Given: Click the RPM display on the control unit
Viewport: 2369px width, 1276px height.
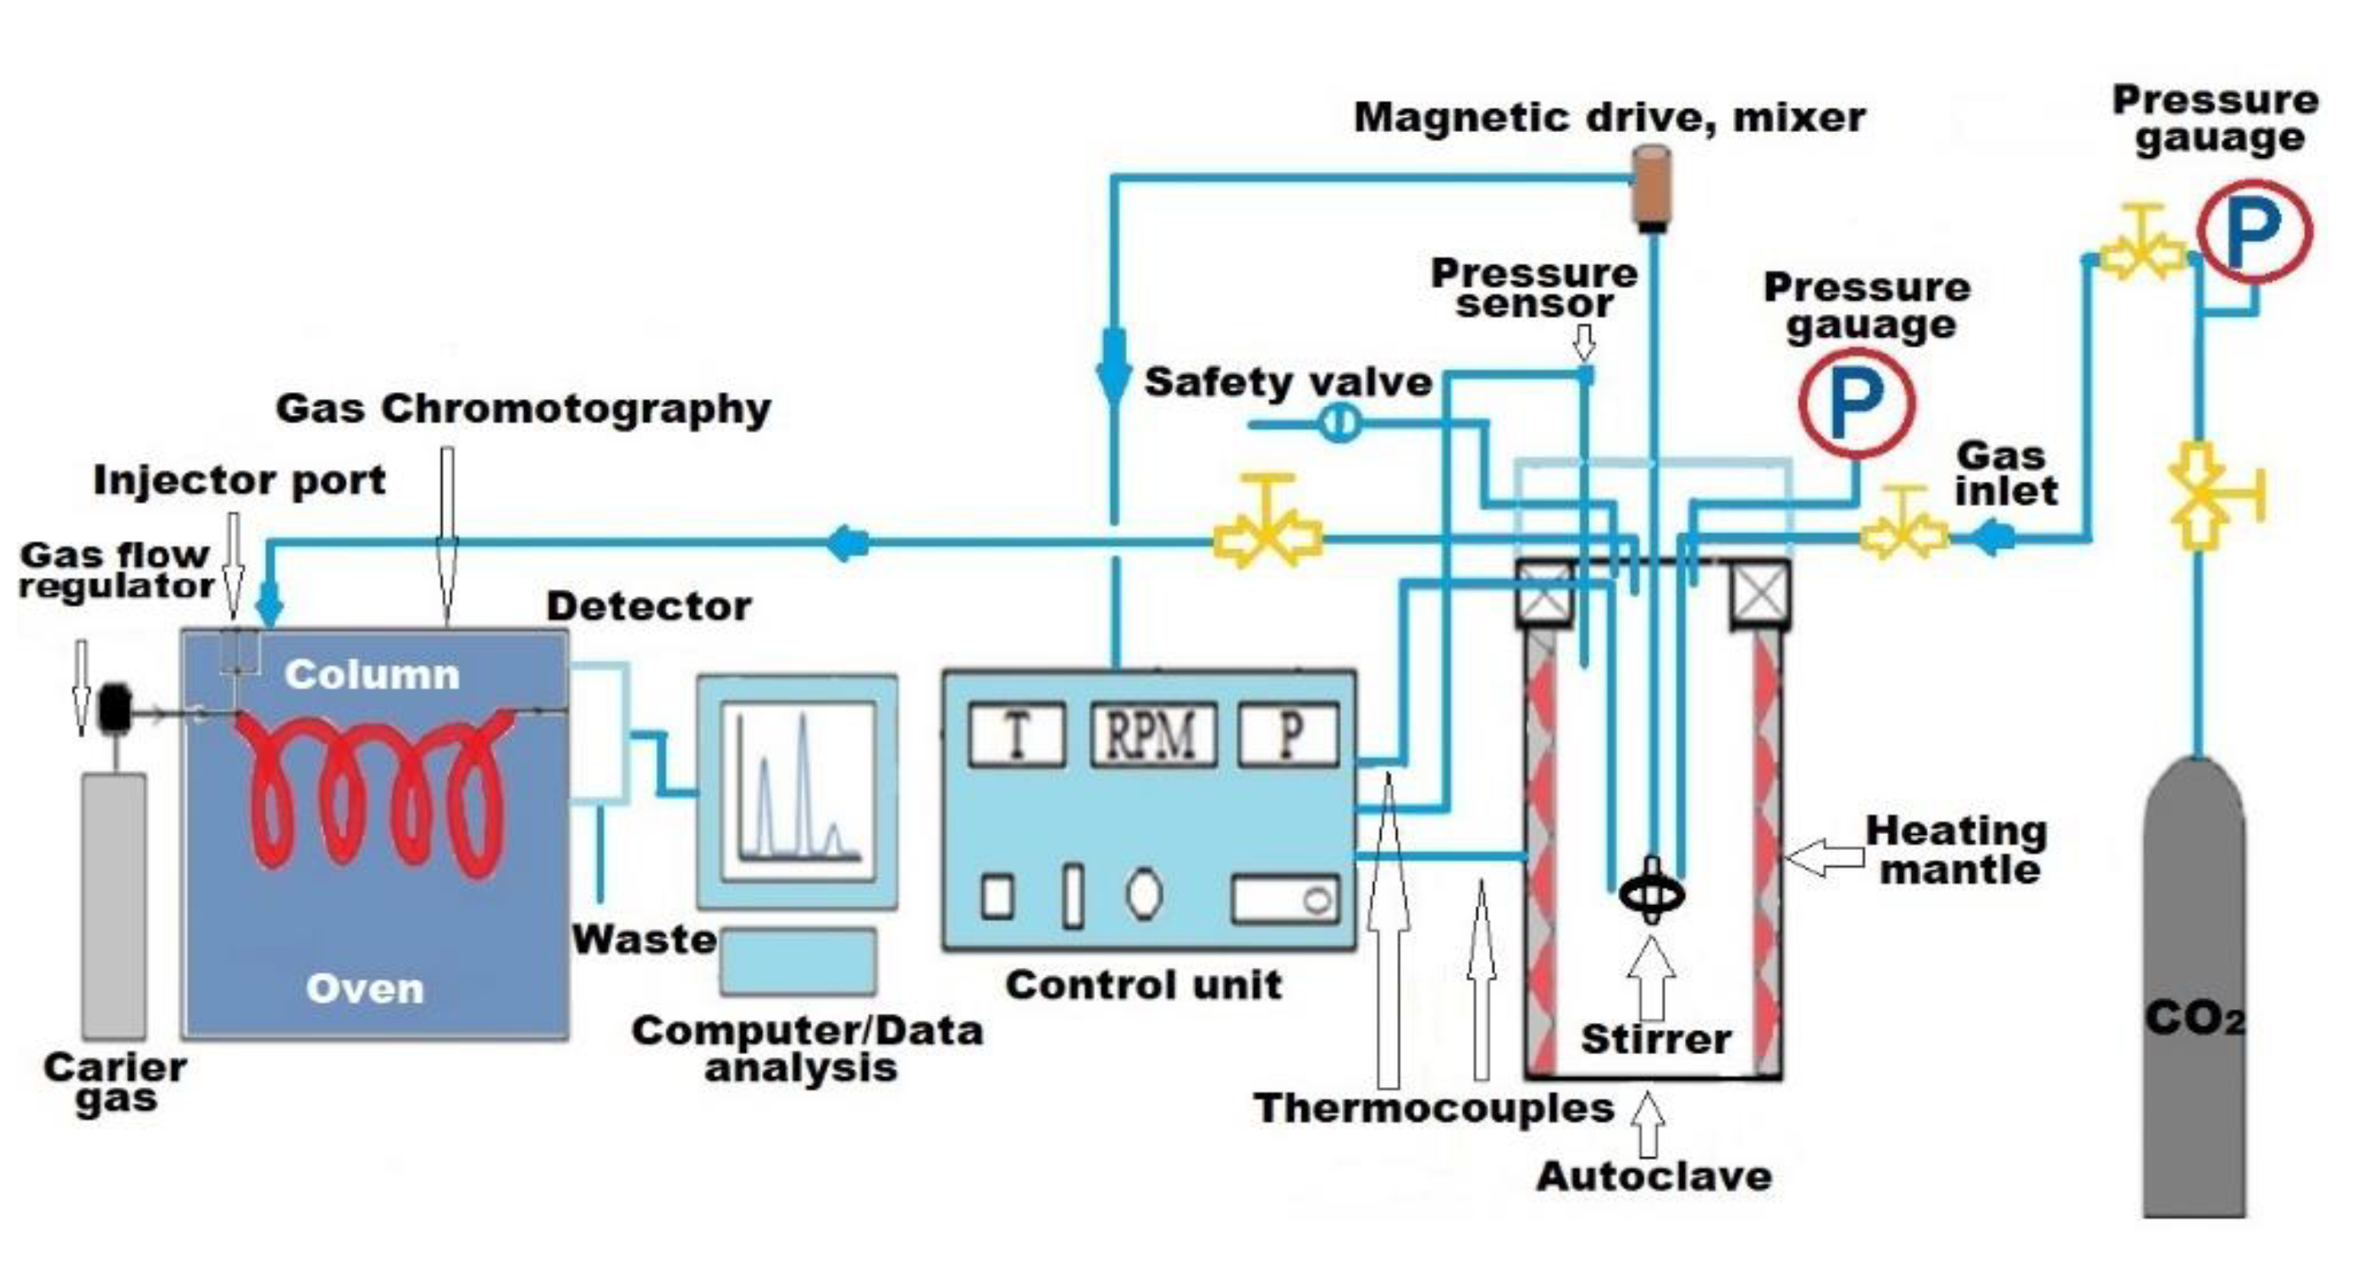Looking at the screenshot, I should tap(1152, 734).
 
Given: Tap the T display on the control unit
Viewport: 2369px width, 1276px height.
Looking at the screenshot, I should tap(1016, 734).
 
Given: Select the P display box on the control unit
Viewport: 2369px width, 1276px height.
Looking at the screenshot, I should tap(1289, 734).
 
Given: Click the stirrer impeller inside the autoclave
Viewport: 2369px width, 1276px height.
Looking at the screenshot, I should tap(1653, 892).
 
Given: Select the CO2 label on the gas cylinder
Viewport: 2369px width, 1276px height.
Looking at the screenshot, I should tap(2195, 1019).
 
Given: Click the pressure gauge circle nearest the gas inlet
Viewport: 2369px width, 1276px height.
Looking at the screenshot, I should tap(1856, 402).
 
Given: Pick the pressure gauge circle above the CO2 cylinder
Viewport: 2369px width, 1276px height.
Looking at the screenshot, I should tap(2254, 231).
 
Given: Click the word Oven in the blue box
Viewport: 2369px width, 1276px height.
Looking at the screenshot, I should tap(365, 989).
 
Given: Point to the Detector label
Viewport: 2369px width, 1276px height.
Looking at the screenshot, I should tap(649, 606).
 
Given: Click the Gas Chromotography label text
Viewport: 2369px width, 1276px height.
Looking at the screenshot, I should tap(522, 408).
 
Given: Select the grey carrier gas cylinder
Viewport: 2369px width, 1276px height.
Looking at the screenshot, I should tap(114, 906).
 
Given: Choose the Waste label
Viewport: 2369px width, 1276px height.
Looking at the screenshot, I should tap(643, 939).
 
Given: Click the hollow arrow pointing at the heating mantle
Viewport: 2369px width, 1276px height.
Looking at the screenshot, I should tap(1824, 858).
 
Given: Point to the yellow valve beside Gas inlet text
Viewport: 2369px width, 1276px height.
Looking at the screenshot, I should tap(1903, 533).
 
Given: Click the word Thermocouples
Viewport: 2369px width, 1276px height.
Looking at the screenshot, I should tap(1433, 1108).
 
